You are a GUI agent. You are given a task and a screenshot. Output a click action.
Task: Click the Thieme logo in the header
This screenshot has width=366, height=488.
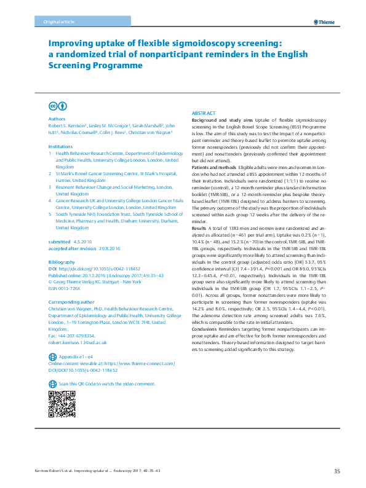pos(325,22)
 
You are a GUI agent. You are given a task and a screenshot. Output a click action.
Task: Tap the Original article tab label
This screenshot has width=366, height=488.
pos(41,22)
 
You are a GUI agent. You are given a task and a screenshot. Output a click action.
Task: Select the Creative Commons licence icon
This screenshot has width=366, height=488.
pos(54,106)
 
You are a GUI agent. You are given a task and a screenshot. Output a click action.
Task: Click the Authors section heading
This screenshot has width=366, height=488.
pos(56,119)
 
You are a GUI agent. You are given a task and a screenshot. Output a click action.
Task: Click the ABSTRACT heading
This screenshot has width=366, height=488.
pos(204,114)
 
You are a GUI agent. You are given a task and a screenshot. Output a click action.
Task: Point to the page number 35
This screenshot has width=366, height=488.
pos(336,471)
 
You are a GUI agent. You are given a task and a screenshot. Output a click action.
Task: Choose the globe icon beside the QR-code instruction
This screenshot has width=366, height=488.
pos(52,384)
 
